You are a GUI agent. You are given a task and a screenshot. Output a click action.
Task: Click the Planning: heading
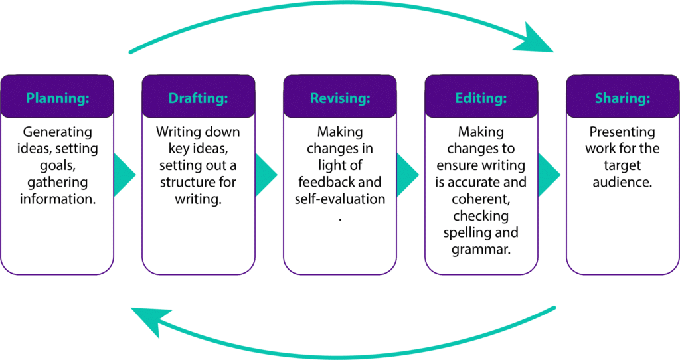58,98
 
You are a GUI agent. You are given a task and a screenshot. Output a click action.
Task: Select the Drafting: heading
198,98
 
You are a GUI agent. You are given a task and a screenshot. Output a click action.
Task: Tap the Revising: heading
340,98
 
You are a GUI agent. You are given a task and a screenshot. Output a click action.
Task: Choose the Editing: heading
481,98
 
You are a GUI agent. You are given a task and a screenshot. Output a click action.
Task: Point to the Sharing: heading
622,98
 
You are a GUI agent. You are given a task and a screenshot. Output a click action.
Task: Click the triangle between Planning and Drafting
123,175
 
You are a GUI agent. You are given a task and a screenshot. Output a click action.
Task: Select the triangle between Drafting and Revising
264,175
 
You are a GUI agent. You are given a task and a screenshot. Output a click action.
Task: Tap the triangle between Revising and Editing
406,175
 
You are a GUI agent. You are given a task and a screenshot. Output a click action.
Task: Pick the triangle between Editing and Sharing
547,175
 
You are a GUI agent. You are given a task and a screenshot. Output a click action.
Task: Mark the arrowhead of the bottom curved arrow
149,319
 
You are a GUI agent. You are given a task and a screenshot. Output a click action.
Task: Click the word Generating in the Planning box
58,132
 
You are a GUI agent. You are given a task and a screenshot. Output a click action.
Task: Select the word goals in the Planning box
57,165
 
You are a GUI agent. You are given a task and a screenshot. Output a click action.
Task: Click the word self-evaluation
340,199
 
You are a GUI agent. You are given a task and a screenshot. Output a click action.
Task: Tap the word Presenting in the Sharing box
622,132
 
